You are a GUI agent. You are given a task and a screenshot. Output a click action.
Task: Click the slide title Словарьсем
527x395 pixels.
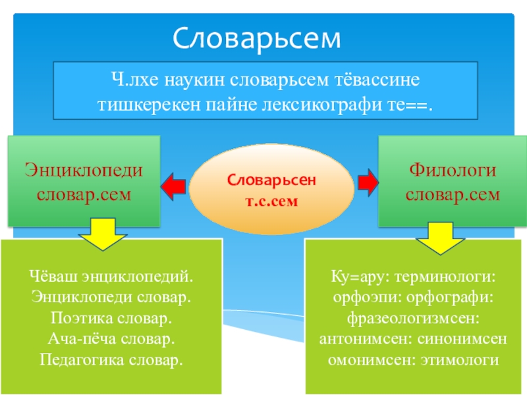pos(258,39)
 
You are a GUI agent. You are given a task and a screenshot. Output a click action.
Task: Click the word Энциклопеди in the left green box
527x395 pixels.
pos(84,171)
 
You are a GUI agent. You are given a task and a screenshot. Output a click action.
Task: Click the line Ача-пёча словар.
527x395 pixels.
pos(110,339)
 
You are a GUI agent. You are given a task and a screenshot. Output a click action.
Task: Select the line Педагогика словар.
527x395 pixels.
pos(110,361)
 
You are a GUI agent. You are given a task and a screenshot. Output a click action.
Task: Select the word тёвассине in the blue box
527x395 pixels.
pos(373,80)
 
